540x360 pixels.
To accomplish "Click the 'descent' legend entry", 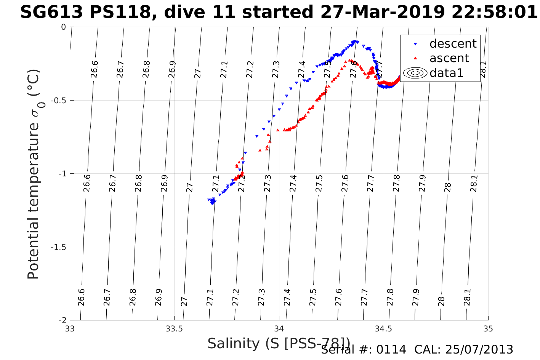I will pos(453,44).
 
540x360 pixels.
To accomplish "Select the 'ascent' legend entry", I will pos(449,58).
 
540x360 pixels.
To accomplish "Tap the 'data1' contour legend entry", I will pos(446,73).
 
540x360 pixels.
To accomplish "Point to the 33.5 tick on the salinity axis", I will pos(175,329).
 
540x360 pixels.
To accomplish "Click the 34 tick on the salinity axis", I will pos(279,329).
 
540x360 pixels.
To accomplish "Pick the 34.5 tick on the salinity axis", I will pos(383,329).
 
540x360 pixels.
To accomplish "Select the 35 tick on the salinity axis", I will pos(488,329).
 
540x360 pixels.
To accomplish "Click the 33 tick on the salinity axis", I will pos(70,329).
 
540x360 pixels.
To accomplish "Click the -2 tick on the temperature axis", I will pos(61,320).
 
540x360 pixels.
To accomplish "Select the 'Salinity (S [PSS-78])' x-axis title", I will pos(278,344).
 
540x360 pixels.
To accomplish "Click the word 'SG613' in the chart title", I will pos(52,13).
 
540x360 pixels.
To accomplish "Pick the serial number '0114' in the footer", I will pos(391,350).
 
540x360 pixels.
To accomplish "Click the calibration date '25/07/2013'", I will pos(481,350).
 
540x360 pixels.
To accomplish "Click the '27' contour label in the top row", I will pos(198,74).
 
